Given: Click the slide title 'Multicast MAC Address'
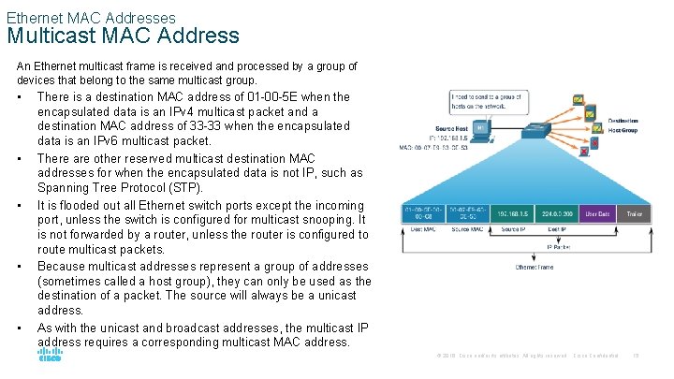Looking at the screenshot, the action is tap(123, 36).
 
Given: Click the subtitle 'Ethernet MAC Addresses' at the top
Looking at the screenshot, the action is tap(91, 17).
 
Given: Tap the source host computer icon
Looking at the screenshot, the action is tap(481, 131).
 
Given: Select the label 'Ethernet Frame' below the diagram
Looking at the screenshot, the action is tap(534, 267).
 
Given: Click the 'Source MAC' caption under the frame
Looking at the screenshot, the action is tap(467, 229).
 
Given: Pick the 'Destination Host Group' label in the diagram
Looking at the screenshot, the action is tap(623, 125).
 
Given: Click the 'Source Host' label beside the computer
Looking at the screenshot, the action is tap(453, 128).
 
